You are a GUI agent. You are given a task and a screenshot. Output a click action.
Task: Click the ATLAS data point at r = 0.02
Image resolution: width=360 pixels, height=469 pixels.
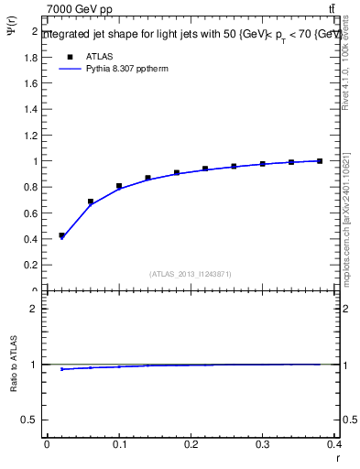[x=61, y=235]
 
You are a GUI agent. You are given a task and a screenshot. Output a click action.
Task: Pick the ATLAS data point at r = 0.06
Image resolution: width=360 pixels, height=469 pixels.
[x=91, y=202]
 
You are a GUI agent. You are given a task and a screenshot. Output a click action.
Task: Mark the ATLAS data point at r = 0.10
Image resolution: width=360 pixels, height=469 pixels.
[x=119, y=187]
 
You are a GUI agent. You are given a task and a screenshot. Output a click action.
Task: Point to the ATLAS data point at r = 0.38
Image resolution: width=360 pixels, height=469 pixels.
[x=320, y=161]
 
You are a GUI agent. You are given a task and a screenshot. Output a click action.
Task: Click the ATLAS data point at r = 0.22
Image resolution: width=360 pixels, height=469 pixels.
[x=205, y=169]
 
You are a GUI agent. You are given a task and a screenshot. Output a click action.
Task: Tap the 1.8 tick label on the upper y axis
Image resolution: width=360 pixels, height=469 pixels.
[x=32, y=57]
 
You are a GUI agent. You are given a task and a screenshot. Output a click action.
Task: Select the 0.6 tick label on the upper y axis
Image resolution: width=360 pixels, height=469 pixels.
[x=32, y=213]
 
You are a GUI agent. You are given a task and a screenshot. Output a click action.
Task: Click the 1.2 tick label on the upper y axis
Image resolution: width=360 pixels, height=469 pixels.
[x=32, y=135]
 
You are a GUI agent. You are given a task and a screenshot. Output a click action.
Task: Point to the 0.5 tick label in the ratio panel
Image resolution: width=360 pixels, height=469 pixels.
[x=32, y=420]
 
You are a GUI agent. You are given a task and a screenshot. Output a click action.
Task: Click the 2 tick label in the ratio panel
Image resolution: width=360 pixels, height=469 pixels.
[x=36, y=309]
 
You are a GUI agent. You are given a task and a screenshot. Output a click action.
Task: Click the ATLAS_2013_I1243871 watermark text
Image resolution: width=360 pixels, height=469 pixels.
[x=191, y=274]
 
